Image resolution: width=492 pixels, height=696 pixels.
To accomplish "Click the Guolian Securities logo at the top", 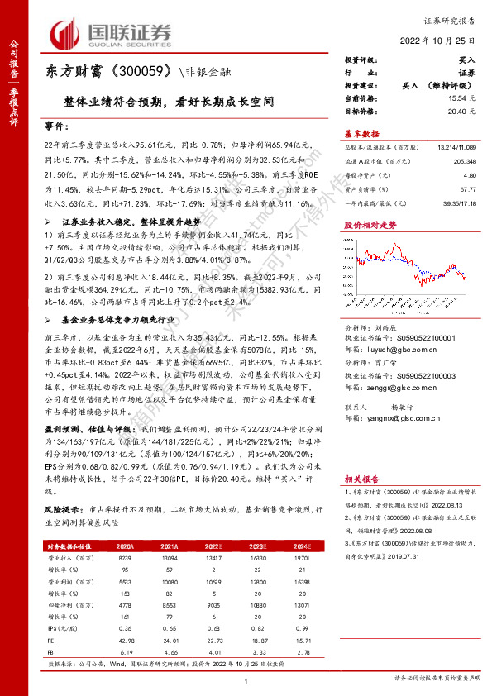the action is [112, 34].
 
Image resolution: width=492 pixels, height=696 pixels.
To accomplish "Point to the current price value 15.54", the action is [465, 98].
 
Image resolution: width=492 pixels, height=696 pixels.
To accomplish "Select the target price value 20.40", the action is [465, 109].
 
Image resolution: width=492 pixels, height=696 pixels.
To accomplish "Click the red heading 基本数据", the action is [361, 132].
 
